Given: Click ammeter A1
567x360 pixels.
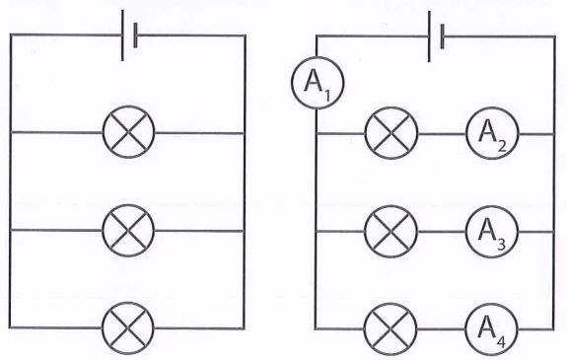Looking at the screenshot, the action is pos(318,83).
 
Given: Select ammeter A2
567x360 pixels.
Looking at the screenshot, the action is pos(492,133).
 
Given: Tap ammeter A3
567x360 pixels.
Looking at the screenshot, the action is pos(492,232).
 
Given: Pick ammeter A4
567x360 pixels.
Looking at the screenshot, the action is pos(491,329).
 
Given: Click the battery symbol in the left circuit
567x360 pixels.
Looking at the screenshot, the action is pos(129,36).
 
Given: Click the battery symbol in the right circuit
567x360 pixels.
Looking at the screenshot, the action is pos(436,36).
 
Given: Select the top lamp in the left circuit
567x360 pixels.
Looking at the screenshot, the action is pos(129,132).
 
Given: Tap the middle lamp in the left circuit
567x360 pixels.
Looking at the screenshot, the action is pos(128,231).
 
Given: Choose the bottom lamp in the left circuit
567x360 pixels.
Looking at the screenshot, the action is pos(128,328).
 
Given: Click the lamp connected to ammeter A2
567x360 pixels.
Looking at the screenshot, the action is pos(391,133).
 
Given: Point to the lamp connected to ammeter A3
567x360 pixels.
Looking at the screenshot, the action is pos(390,232).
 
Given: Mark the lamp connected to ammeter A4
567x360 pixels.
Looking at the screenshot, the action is pos(390,329).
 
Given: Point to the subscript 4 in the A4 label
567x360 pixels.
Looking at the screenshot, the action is pos(501,342).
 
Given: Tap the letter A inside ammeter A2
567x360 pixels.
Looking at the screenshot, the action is pos(487,131).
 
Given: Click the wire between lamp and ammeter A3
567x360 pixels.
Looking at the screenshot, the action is pos(442,232).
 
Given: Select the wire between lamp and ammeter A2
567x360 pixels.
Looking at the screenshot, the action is pos(442,134).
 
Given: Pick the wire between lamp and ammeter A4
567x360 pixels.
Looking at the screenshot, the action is pos(441,329).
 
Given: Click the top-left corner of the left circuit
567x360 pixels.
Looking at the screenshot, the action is pos(11,35).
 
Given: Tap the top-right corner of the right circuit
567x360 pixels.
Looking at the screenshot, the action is pos(554,36).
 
